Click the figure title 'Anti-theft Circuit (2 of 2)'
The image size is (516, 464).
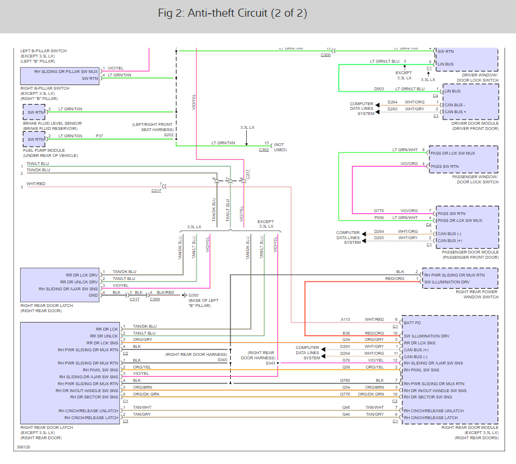(x=232, y=13)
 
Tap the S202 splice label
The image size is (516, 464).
(x=168, y=135)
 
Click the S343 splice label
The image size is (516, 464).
(x=270, y=363)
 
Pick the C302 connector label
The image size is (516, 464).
(x=263, y=149)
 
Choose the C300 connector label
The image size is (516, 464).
(x=325, y=55)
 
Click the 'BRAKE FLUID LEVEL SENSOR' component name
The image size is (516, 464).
(x=52, y=123)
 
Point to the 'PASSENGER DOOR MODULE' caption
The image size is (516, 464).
(x=470, y=252)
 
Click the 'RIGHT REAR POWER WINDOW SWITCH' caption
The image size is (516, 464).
(x=477, y=294)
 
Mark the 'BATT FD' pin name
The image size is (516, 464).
(x=413, y=323)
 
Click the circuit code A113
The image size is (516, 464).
(x=345, y=320)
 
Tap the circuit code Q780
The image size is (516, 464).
(x=345, y=380)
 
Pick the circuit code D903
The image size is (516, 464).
(x=379, y=89)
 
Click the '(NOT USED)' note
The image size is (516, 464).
(x=280, y=147)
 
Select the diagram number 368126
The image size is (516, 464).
(x=24, y=447)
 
